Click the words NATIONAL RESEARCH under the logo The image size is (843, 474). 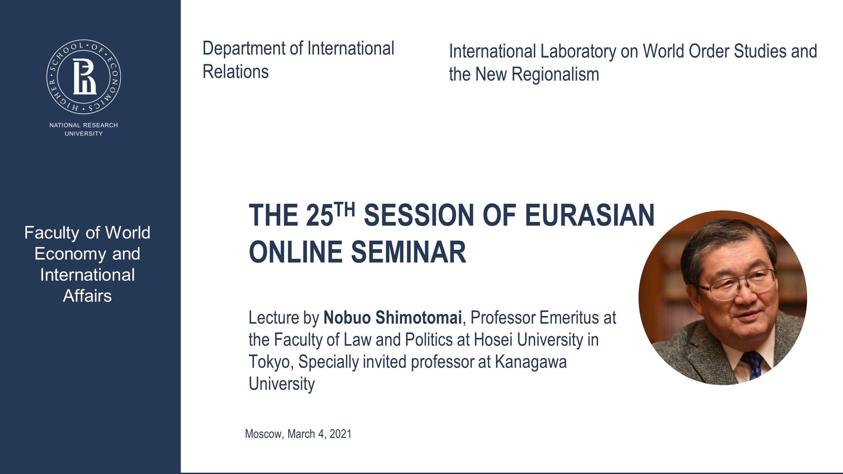(84, 125)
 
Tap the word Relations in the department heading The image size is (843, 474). (235, 72)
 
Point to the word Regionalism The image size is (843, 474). (555, 74)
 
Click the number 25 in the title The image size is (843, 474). (319, 216)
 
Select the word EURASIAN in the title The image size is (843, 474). (589, 215)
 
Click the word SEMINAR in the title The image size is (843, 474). (409, 252)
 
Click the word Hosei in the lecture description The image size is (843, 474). (493, 340)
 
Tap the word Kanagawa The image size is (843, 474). (530, 362)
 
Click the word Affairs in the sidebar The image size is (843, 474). (87, 296)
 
